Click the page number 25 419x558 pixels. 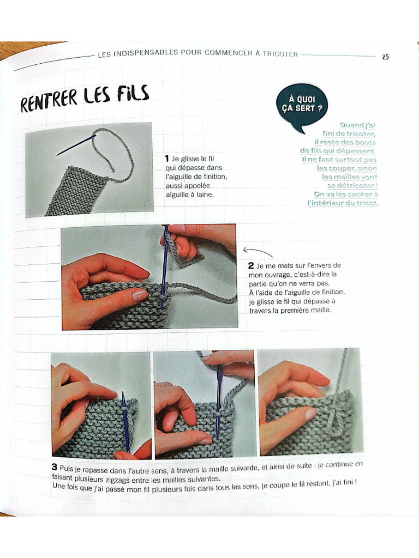385,57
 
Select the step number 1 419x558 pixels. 167,158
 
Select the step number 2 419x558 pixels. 250,266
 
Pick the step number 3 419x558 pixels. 55,467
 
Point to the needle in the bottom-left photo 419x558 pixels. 125,420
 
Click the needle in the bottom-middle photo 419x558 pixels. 219,403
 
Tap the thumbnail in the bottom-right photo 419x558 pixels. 309,414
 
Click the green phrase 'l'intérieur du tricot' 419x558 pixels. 344,203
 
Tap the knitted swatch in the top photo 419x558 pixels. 74,191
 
